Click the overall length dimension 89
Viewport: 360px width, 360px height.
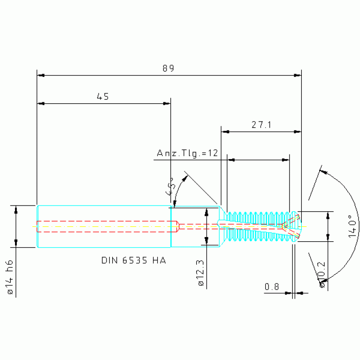169,68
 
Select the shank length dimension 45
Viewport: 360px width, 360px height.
103,96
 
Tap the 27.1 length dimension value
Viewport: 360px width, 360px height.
261,125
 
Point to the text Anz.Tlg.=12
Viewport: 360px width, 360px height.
187,153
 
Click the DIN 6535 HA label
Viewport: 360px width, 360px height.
134,260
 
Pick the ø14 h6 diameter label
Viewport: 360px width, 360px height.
10,277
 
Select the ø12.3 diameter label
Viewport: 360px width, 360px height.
200,273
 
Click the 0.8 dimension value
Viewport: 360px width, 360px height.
272,286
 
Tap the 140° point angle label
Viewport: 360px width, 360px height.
352,226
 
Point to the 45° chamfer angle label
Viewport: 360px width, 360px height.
170,186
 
